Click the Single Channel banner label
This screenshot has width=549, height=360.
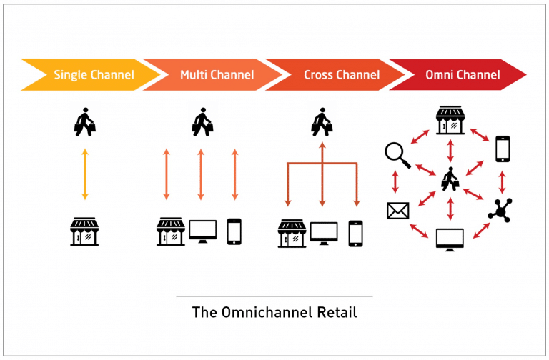(94, 74)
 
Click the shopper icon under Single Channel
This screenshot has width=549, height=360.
(85, 122)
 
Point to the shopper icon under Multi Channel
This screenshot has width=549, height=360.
(202, 122)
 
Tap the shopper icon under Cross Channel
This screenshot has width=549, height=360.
(322, 122)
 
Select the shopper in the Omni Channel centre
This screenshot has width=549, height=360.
(450, 179)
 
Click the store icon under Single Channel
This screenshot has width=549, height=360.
(85, 232)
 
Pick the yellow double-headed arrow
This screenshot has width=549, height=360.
(85, 174)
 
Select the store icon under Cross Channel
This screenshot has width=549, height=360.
(292, 234)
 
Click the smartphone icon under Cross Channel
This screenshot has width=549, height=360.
(355, 234)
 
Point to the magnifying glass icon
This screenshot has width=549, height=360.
(396, 153)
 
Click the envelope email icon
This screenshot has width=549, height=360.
(396, 211)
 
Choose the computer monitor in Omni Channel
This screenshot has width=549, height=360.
(450, 239)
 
